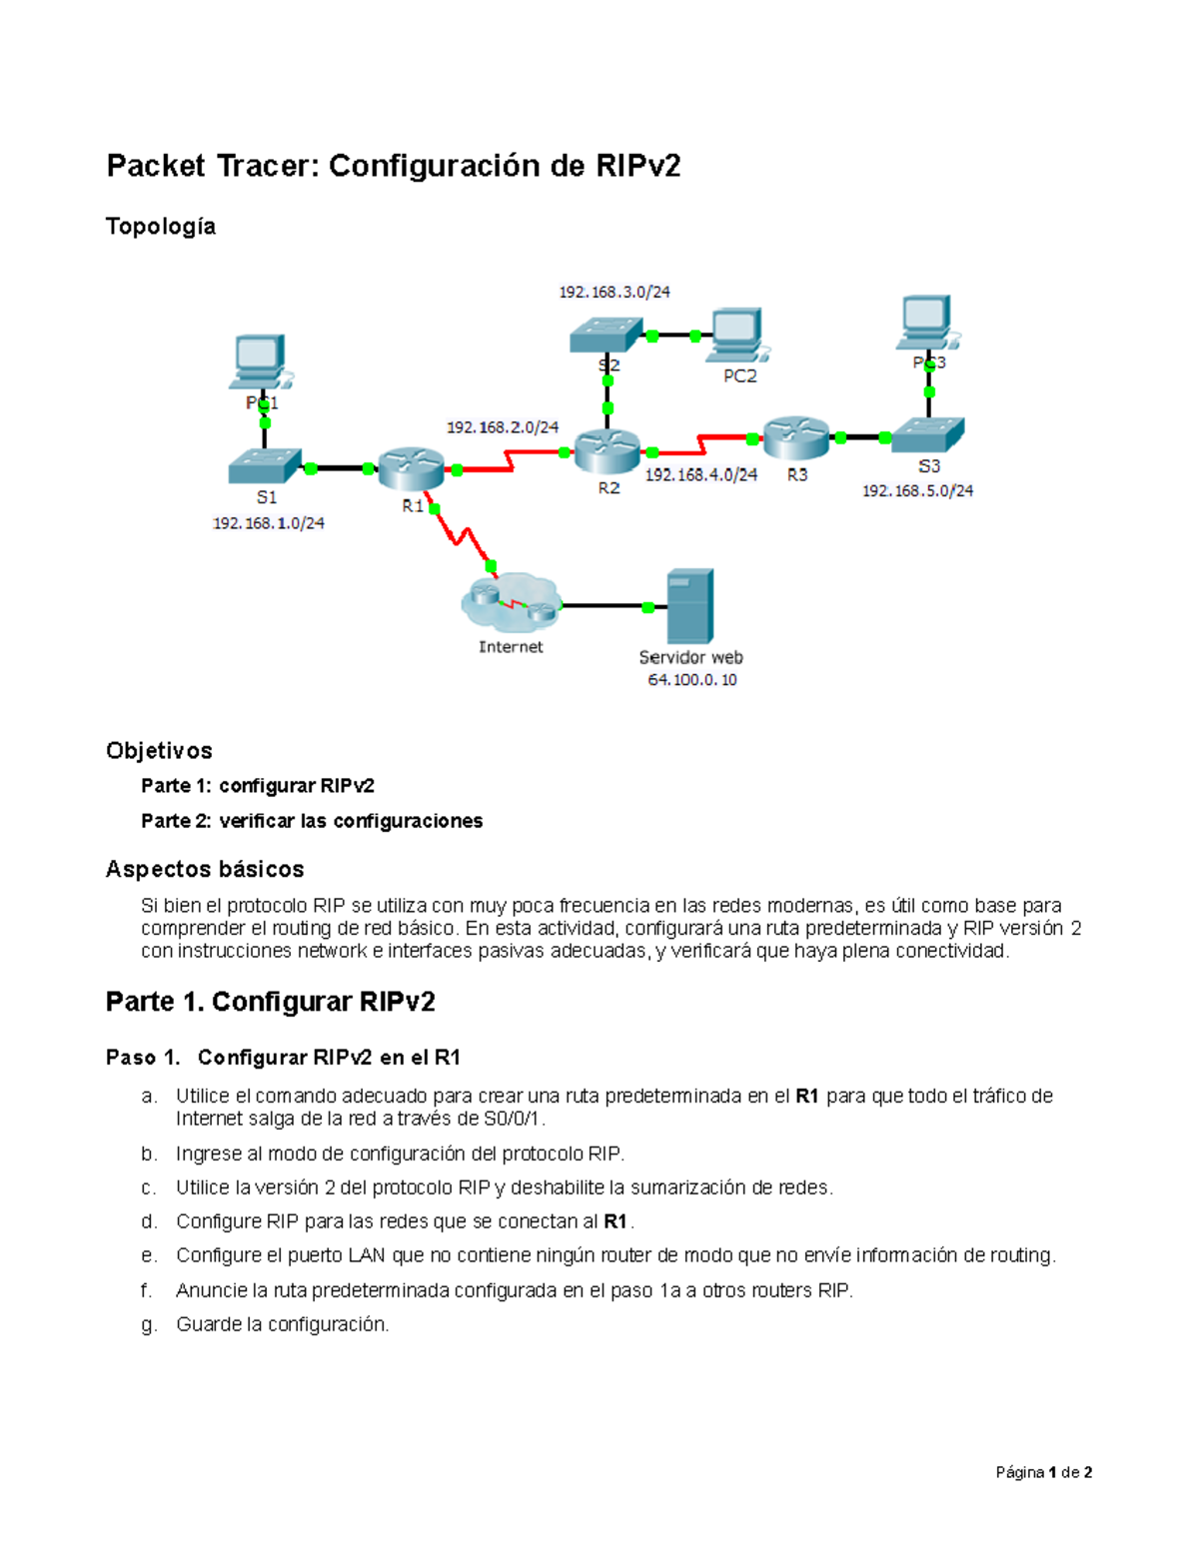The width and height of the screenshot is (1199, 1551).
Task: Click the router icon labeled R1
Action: tap(411, 467)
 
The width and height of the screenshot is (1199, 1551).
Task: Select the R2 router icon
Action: tap(606, 451)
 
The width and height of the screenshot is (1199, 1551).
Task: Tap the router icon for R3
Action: tap(796, 436)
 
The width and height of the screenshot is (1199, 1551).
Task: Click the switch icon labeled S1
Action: tap(265, 466)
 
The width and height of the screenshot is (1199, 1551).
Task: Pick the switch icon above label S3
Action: tap(927, 434)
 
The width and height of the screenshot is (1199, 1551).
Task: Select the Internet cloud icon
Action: tap(511, 601)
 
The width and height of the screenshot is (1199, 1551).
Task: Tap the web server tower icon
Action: tap(689, 605)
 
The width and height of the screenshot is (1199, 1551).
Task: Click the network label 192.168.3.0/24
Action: tap(613, 292)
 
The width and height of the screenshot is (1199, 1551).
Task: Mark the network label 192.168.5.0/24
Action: tap(917, 490)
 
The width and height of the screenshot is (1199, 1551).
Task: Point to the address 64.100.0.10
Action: tap(691, 680)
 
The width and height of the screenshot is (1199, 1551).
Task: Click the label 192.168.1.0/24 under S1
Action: tap(268, 523)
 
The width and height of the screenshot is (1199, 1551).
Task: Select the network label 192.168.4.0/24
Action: tap(700, 475)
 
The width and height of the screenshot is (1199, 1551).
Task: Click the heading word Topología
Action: tap(161, 227)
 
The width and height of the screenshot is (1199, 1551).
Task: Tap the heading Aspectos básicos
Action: tap(205, 869)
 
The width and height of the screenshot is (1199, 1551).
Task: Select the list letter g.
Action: tap(149, 1324)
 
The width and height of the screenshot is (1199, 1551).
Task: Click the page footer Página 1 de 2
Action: tap(1043, 1472)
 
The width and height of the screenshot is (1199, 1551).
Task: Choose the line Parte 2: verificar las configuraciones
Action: tap(312, 821)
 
